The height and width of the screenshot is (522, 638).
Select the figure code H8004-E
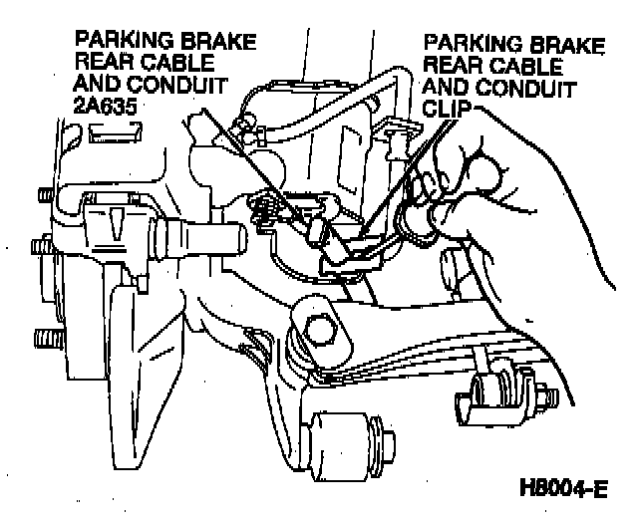pyautogui.click(x=564, y=490)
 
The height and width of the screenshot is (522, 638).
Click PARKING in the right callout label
pyautogui.click(x=468, y=45)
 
